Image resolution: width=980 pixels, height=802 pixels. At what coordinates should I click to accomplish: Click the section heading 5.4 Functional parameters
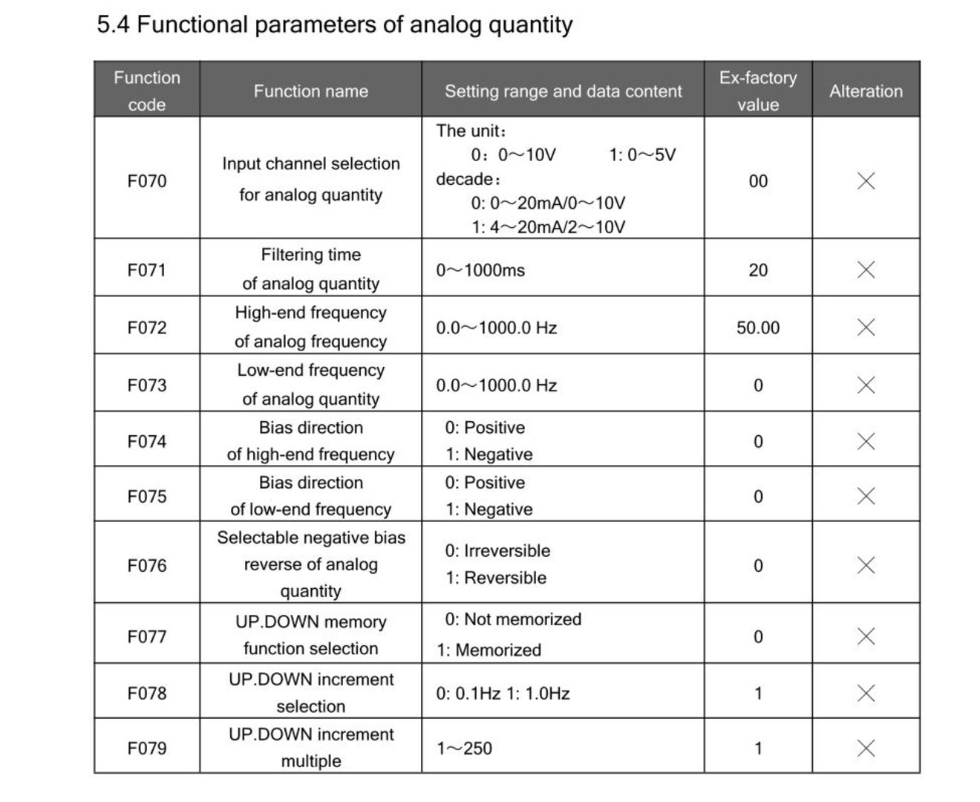click(x=334, y=25)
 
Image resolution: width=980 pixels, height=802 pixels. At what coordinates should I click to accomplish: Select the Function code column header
click(x=147, y=91)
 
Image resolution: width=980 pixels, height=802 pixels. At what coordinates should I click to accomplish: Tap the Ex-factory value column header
click(x=758, y=91)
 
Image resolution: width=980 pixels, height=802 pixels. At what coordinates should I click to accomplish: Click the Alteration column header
click(x=866, y=91)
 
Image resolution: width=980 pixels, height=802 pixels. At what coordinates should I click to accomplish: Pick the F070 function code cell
click(x=147, y=181)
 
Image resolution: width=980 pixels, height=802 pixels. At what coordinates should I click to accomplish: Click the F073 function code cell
click(x=147, y=385)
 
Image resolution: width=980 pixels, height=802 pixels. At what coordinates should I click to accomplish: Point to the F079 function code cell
click(x=147, y=748)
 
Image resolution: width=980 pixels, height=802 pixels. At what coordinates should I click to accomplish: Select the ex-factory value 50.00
click(x=758, y=327)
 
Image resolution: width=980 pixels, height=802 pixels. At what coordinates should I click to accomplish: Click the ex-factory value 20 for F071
click(x=758, y=270)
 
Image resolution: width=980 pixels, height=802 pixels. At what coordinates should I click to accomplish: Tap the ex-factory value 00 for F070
click(x=758, y=181)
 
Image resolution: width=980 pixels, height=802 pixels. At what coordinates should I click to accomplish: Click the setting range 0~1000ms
click(x=480, y=270)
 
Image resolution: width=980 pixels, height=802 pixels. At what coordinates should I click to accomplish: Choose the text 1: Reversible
click(x=496, y=578)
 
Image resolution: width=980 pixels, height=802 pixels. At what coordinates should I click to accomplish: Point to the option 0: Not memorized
click(x=513, y=619)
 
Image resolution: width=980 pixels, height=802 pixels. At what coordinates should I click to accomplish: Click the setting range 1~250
click(x=464, y=749)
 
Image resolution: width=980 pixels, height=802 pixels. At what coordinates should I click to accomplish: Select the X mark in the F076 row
click(x=866, y=565)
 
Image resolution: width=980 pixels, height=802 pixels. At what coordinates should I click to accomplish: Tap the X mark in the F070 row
click(x=866, y=180)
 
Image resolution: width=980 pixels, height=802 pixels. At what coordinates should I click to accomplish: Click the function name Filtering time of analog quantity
click(x=310, y=269)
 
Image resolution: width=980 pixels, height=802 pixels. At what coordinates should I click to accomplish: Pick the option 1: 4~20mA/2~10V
click(x=548, y=227)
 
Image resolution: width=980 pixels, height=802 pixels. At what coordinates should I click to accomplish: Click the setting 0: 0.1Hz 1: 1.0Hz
click(x=503, y=694)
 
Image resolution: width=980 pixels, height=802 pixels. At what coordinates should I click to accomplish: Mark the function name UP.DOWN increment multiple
click(x=310, y=747)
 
